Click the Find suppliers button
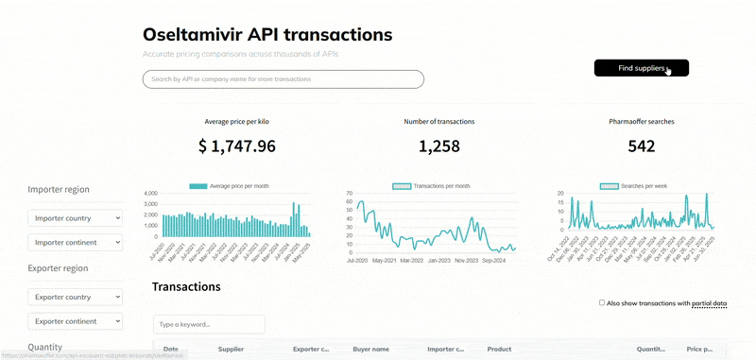pos(641,68)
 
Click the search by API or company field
pos(283,79)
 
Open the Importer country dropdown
pos(76,218)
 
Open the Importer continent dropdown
pos(76,243)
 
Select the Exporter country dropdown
pos(76,297)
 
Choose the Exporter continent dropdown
pos(76,320)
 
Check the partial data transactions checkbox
pos(602,303)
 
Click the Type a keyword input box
pos(209,324)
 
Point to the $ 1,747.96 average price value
pos(237,146)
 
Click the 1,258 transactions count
pos(438,146)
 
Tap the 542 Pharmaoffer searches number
pos(641,146)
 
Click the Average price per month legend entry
pos(229,186)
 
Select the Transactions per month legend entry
pos(431,186)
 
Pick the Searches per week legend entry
pos(633,186)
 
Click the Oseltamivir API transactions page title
pos(266,34)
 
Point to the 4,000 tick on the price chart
pos(150,194)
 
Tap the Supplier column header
pos(232,350)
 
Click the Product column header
pos(499,350)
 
